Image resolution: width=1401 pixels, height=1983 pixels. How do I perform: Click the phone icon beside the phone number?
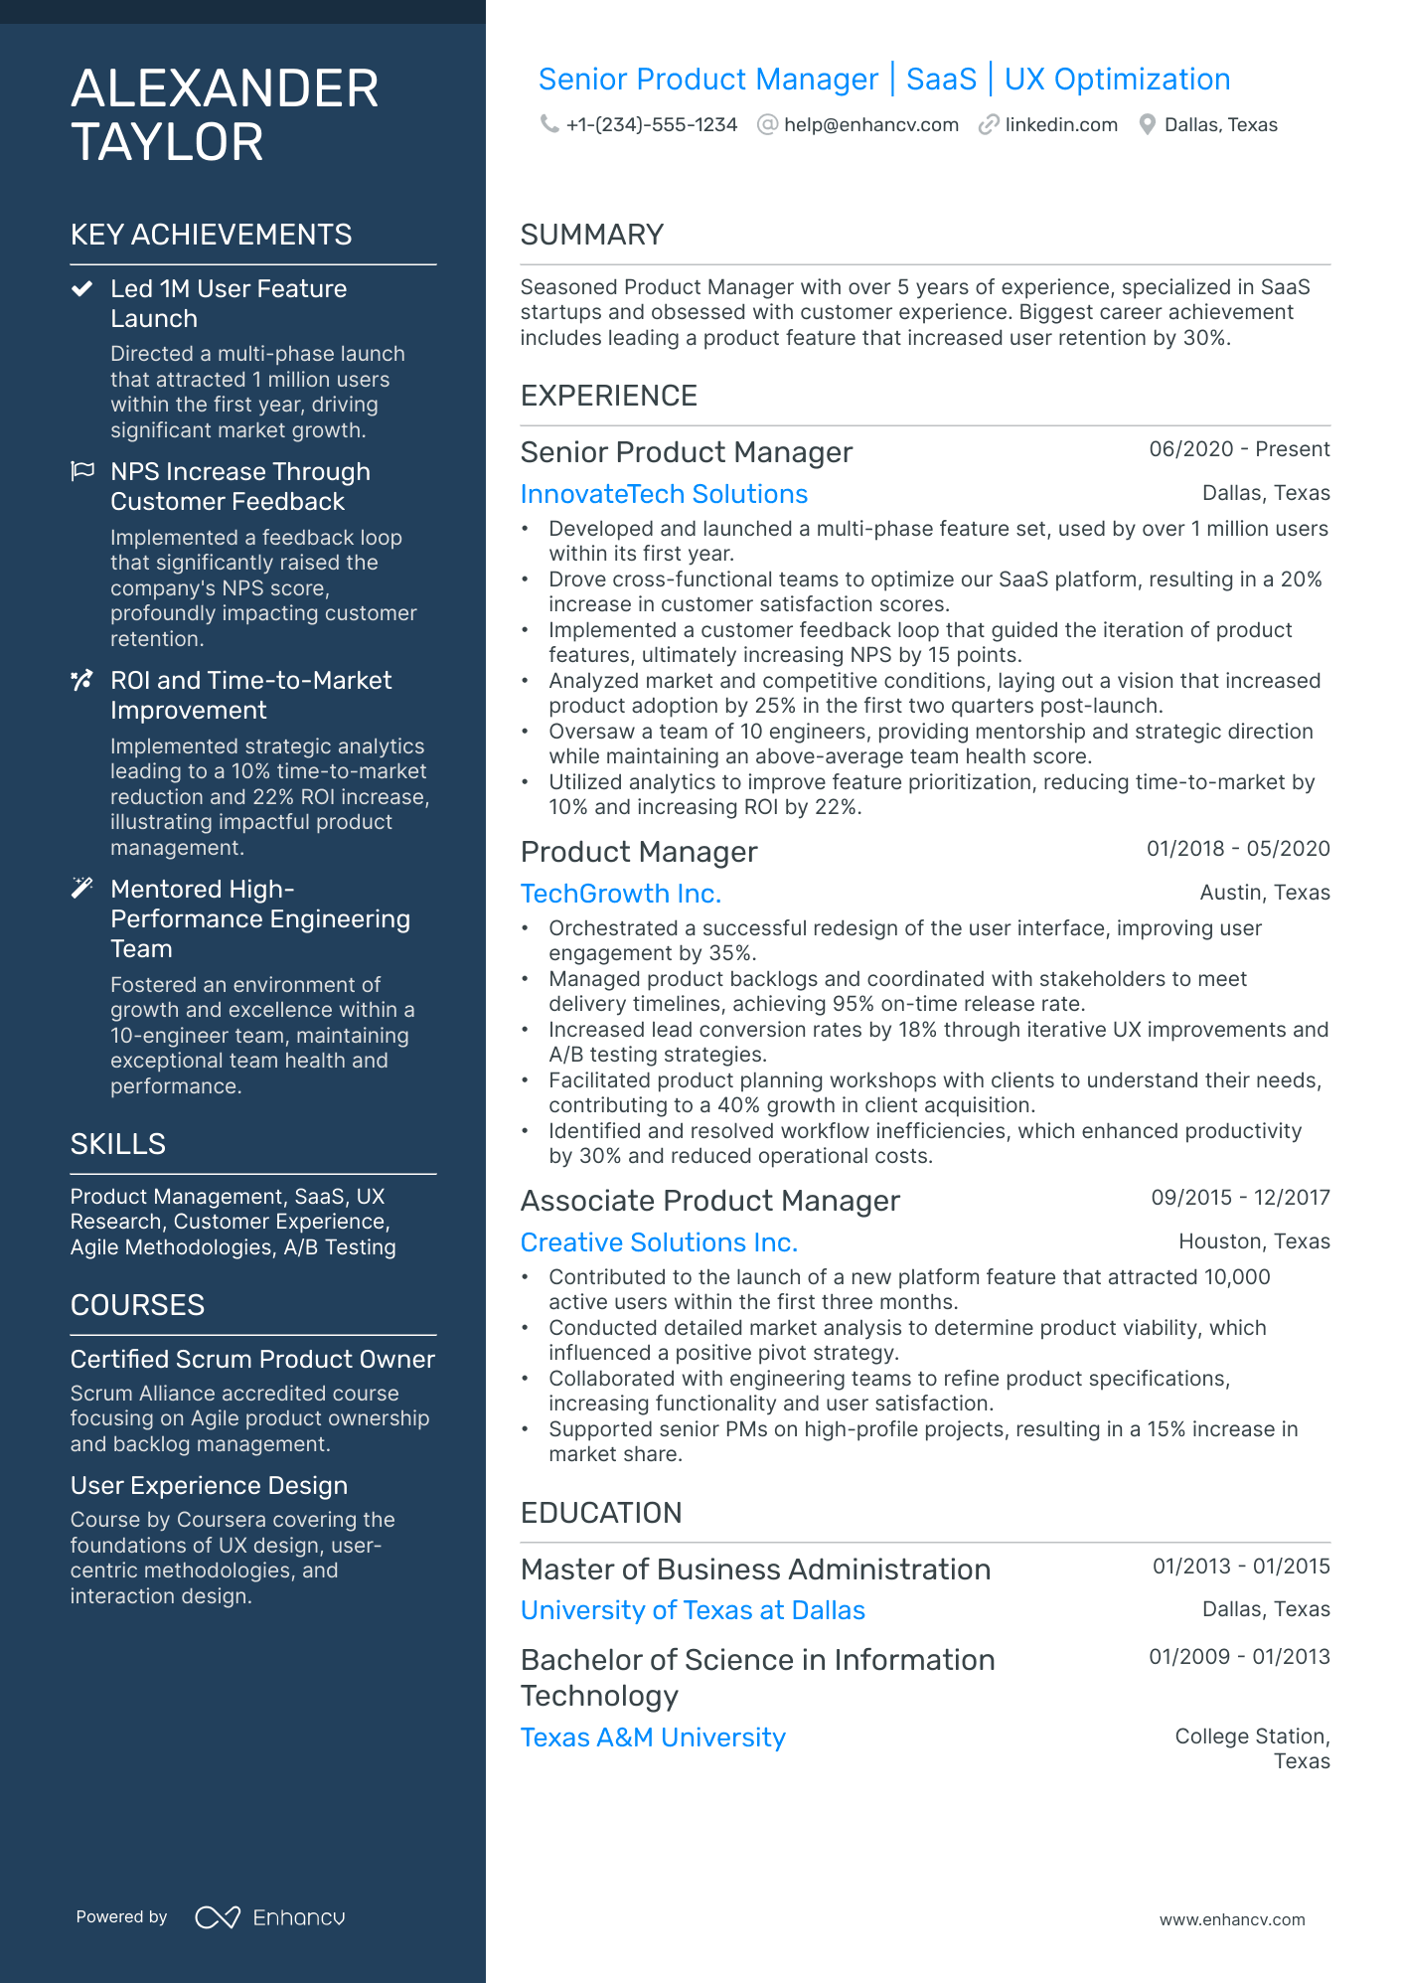coord(548,124)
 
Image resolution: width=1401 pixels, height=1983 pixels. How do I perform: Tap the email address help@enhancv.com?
coord(870,125)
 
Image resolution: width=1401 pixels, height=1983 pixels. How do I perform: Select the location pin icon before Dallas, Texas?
coord(1147,124)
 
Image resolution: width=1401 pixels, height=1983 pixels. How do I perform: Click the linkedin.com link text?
coord(1060,125)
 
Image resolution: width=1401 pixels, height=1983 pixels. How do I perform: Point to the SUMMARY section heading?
coord(591,235)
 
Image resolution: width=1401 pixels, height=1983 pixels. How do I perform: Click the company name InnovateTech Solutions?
coord(664,494)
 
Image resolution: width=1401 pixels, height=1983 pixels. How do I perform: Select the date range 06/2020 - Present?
coord(1239,449)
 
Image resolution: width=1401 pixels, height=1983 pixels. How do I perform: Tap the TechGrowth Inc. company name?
coord(620,894)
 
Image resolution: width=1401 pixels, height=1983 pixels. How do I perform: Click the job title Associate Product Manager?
coord(709,1201)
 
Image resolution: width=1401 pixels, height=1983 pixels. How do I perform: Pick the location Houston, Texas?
coord(1254,1241)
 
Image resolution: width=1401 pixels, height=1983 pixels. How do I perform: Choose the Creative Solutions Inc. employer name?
coord(659,1242)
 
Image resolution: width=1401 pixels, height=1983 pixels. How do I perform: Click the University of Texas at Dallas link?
coord(693,1610)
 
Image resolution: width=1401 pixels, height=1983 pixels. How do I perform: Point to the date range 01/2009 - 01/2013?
coord(1239,1657)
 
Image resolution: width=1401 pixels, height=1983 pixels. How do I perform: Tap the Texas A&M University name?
coord(653,1737)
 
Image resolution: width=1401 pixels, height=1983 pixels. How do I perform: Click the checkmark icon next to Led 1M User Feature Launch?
coord(81,289)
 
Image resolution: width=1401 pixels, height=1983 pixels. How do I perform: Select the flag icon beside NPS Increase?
coord(82,471)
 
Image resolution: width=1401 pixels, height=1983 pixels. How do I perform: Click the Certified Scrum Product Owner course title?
coord(252,1359)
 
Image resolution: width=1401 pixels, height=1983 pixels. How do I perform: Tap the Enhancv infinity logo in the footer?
coord(218,1917)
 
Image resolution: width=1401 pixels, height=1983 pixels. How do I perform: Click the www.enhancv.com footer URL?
coord(1232,1919)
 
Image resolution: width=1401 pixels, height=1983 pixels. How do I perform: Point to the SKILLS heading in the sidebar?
coord(117,1144)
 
